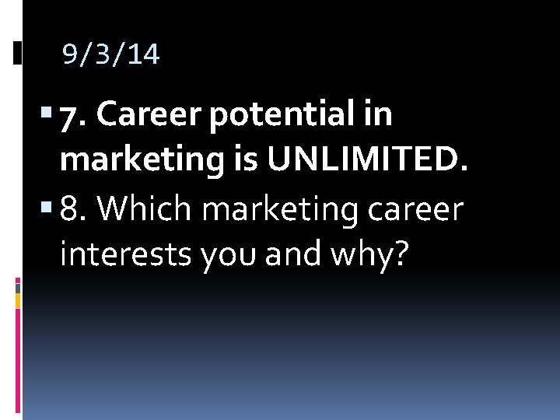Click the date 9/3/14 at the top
(x=111, y=54)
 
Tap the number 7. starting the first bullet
(x=74, y=117)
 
